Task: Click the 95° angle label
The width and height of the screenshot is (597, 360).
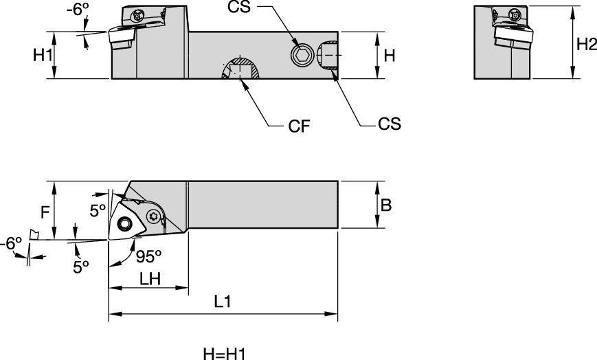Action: (x=148, y=256)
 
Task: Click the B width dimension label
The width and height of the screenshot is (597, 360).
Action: (x=387, y=204)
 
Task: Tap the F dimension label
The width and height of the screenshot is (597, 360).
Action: (x=45, y=212)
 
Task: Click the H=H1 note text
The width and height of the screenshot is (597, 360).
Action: (x=224, y=353)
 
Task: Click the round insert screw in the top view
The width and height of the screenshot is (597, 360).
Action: (x=125, y=224)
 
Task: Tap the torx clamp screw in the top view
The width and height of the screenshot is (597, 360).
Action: (x=154, y=216)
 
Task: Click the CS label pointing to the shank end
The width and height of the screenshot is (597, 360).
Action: (x=389, y=124)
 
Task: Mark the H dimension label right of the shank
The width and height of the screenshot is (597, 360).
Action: (x=389, y=56)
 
